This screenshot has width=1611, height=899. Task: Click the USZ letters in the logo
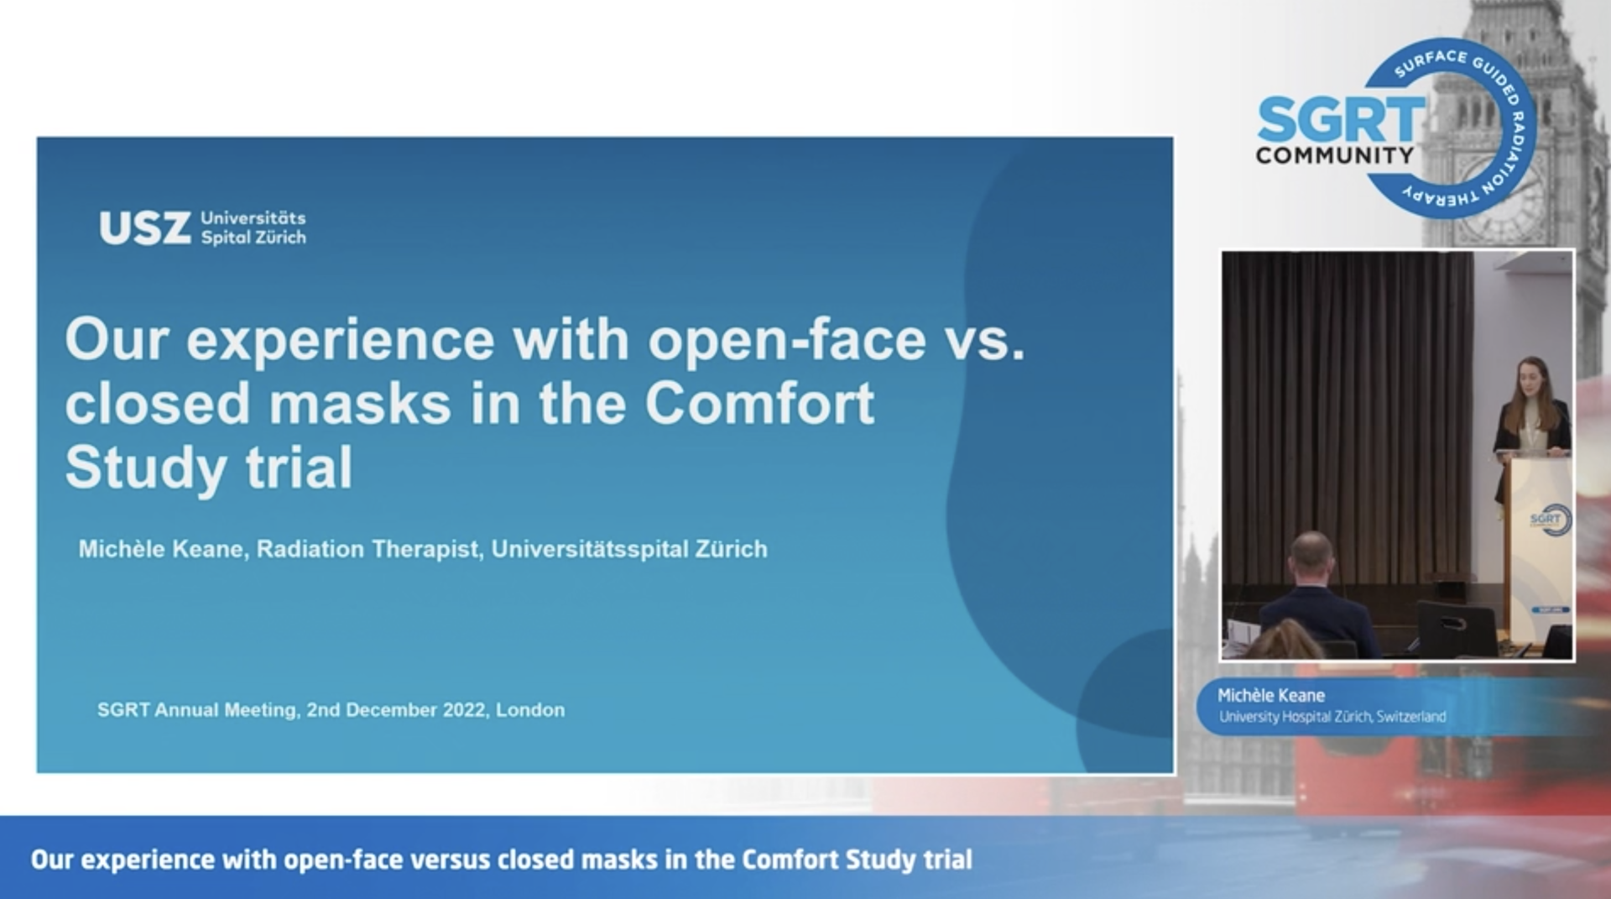click(x=144, y=228)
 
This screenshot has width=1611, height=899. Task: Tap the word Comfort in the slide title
click(x=759, y=404)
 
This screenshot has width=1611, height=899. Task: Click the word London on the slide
click(x=530, y=710)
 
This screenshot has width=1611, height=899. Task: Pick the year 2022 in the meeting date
click(x=465, y=710)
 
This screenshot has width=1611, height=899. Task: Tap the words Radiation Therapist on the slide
click(x=369, y=550)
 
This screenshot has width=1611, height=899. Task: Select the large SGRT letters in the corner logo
click(x=1341, y=120)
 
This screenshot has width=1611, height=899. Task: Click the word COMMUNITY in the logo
click(x=1335, y=155)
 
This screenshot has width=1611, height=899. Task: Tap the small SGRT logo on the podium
click(x=1550, y=520)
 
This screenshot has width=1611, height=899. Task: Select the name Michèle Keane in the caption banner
click(x=1271, y=696)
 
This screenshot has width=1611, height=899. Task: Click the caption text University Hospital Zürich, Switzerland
click(x=1332, y=717)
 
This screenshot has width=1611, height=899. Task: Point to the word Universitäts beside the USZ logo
click(x=253, y=218)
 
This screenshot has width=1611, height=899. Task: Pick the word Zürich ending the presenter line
click(x=731, y=550)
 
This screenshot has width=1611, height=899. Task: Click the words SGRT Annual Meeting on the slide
click(x=197, y=710)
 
